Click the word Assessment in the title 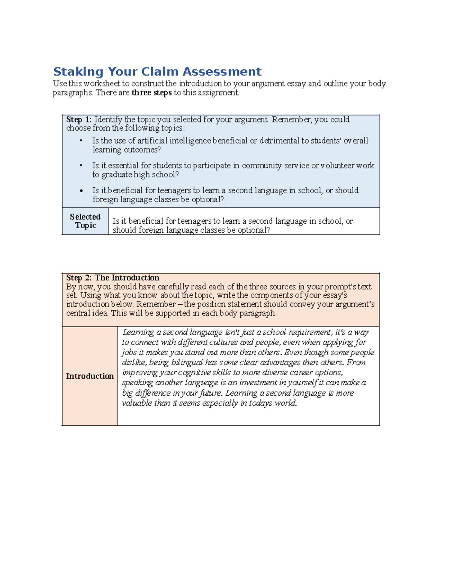pos(222,72)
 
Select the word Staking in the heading pos(78,72)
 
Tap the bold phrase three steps pos(151,93)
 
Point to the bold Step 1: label pos(79,120)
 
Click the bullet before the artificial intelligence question pos(81,141)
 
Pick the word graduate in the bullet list pos(117,175)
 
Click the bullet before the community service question pos(81,165)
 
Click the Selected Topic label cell pos(85,221)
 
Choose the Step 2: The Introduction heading pos(112,278)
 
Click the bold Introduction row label pos(90,376)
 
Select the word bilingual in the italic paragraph pos(187,362)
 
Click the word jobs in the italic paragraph pos(129,352)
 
